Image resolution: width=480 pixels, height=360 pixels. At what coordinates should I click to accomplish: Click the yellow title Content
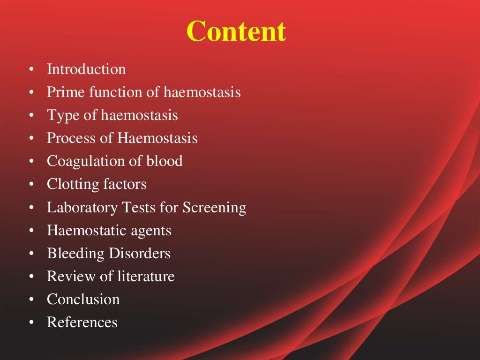click(236, 32)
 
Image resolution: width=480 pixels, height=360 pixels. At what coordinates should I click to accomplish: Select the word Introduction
click(86, 69)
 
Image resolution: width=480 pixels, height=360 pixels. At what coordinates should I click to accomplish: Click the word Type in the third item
click(63, 115)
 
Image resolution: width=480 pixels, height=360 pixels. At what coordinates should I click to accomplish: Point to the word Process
click(72, 138)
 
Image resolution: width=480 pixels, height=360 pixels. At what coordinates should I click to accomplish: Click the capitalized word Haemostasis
click(157, 138)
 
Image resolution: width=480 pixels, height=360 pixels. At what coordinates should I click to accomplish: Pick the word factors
click(121, 184)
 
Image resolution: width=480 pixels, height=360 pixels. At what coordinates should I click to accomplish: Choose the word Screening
click(214, 207)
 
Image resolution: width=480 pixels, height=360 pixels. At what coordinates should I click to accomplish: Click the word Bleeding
click(75, 254)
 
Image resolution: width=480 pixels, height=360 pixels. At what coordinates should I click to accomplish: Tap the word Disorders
click(140, 254)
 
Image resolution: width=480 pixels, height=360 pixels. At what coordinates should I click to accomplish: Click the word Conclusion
click(83, 300)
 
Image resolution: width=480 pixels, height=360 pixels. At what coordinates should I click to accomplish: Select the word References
click(82, 322)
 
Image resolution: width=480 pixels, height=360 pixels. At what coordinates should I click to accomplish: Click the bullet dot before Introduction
click(31, 70)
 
